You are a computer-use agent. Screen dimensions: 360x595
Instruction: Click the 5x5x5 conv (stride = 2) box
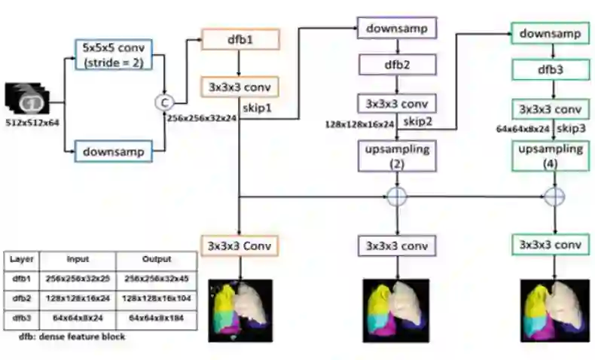point(116,53)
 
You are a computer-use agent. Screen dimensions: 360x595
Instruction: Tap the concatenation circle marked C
point(161,102)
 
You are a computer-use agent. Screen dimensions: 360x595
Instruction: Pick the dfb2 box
point(397,65)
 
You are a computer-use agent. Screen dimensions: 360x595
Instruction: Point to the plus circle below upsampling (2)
point(397,197)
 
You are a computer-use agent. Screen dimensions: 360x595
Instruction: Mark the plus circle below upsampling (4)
point(554,197)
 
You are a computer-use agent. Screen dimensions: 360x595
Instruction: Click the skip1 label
point(258,108)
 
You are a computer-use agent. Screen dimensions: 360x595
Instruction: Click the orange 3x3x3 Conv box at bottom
point(240,245)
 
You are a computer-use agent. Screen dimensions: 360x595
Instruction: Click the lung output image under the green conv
point(554,309)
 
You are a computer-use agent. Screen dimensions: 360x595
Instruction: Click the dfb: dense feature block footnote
point(72,337)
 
